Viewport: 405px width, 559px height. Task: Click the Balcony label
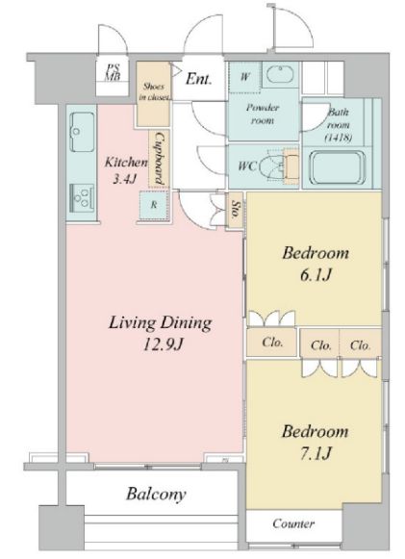[x=156, y=495]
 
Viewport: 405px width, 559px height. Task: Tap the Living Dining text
[x=160, y=323]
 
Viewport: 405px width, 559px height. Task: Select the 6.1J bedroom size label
[x=316, y=275]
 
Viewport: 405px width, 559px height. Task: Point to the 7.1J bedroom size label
[x=316, y=453]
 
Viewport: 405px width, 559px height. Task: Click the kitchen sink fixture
[x=83, y=132]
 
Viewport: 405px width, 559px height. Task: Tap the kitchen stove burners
[x=83, y=198]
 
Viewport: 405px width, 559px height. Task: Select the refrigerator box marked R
[x=154, y=205]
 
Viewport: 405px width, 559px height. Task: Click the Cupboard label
[x=160, y=159]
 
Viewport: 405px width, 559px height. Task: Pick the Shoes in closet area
[x=153, y=94]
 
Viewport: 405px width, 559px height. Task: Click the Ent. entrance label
[x=198, y=79]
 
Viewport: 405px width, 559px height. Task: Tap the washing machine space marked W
[x=245, y=77]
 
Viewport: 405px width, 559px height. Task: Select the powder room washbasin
[x=280, y=74]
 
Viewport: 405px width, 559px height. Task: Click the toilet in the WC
[x=279, y=165]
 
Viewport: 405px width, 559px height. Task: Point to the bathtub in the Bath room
[x=338, y=167]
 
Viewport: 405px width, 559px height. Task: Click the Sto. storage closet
[x=236, y=210]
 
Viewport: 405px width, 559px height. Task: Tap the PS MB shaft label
[x=113, y=72]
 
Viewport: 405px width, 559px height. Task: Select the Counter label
[x=293, y=523]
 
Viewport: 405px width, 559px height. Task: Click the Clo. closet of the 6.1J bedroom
[x=272, y=343]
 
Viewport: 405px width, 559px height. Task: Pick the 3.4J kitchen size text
[x=125, y=179]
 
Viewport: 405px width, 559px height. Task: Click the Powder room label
[x=263, y=114]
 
